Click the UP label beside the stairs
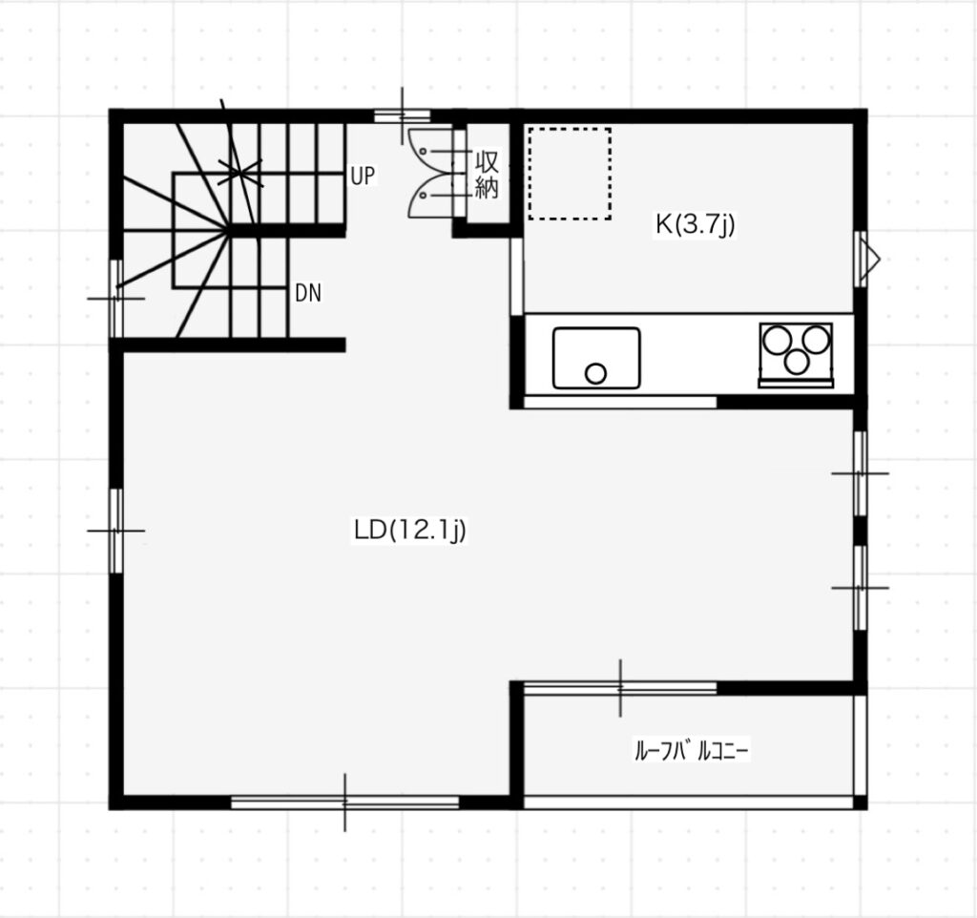point(363,176)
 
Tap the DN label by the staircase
point(308,293)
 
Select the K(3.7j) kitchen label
point(695,224)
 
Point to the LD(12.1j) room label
point(409,531)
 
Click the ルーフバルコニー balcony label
point(691,750)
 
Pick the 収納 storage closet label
point(487,175)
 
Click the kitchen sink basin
point(596,358)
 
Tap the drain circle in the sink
point(595,373)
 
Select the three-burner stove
point(796,355)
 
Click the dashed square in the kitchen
point(570,174)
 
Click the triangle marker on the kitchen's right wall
point(870,259)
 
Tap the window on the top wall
point(402,115)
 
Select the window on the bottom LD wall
point(344,803)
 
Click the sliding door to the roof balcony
point(620,688)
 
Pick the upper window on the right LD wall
point(860,473)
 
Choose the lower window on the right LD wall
point(860,588)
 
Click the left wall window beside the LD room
point(116,531)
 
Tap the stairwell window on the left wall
point(116,299)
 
